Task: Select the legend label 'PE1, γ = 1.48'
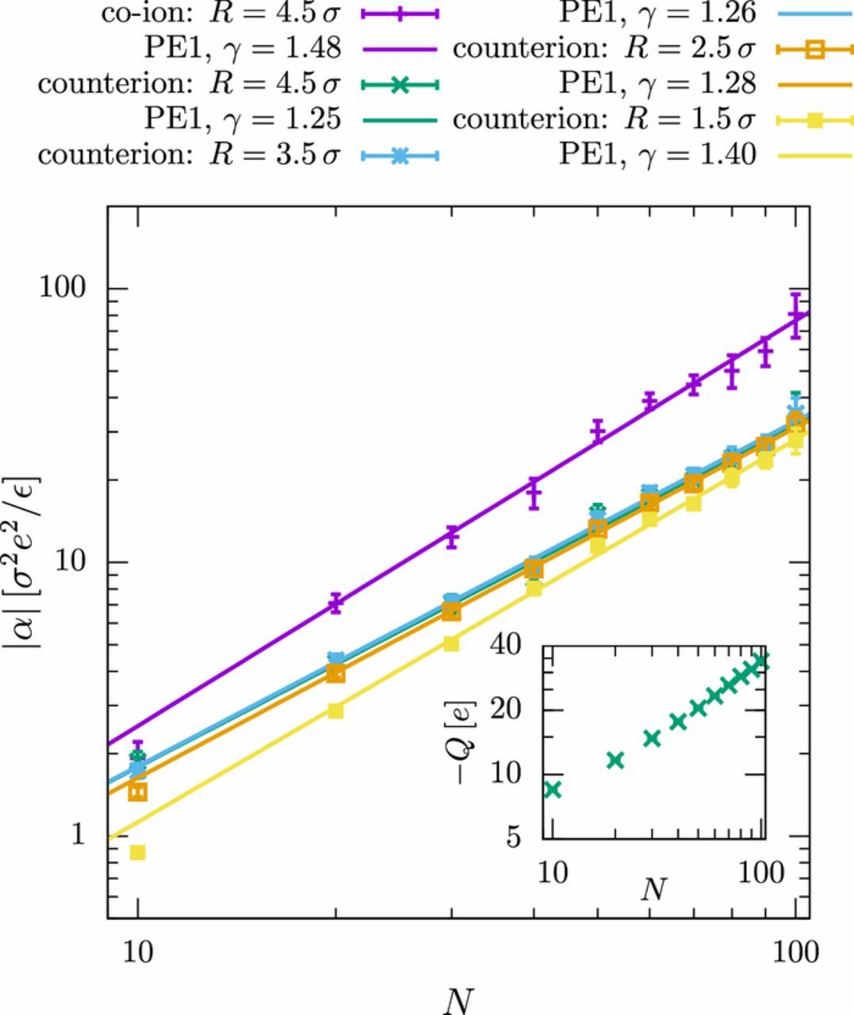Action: click(x=243, y=48)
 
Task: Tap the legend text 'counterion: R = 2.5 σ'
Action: click(x=603, y=48)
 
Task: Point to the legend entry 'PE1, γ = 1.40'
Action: click(x=657, y=153)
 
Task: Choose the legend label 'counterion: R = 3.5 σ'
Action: click(x=189, y=153)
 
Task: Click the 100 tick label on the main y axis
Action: click(x=63, y=287)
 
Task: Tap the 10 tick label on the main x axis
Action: click(x=138, y=951)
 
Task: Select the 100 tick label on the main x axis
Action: click(x=794, y=951)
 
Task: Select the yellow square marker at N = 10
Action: click(x=137, y=852)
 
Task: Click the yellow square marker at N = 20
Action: click(x=335, y=710)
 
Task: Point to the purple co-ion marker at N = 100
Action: click(x=795, y=317)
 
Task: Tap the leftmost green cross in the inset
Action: click(x=553, y=789)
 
